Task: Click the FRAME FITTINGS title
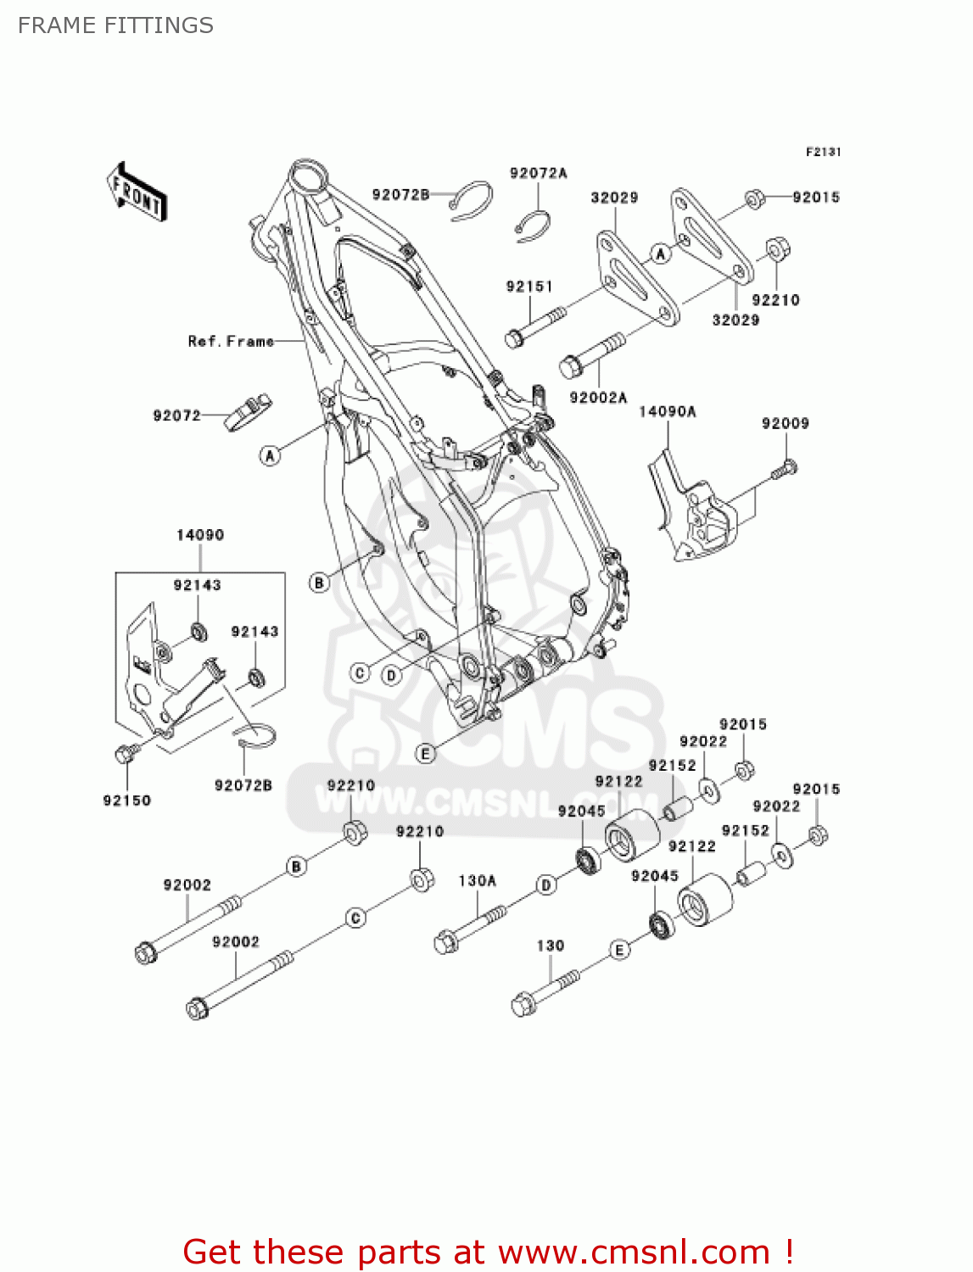115,25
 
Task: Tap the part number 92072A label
538,174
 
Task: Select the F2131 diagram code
822,152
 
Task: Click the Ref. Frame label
231,342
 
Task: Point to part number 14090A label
667,412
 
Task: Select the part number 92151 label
528,287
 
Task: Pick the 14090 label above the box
200,535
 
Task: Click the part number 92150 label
126,801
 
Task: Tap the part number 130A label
477,881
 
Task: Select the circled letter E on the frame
426,753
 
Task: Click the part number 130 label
550,946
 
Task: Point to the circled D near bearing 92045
546,885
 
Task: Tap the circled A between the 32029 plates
661,253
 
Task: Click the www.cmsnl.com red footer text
633,1252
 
